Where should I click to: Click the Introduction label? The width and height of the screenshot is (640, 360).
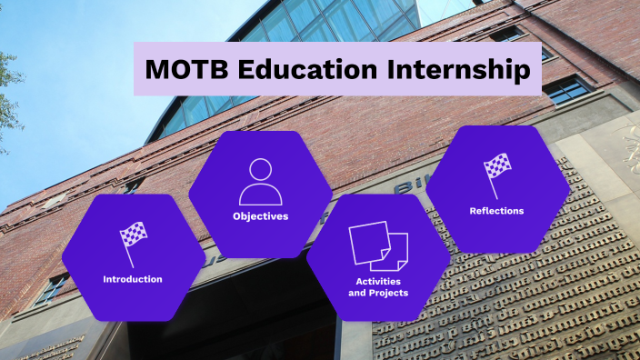133,279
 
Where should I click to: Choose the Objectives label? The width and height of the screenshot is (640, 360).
260,216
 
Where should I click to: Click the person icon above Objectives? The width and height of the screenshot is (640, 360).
260,182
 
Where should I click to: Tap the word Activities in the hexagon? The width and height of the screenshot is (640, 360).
378,281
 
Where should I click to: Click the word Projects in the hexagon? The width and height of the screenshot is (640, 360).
387,293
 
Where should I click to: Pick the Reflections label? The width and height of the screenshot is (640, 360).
496,211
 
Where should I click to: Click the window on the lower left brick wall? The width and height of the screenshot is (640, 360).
52,288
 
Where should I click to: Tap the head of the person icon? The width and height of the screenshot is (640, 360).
261,170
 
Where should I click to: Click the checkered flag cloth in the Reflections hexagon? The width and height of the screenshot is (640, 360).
499,166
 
